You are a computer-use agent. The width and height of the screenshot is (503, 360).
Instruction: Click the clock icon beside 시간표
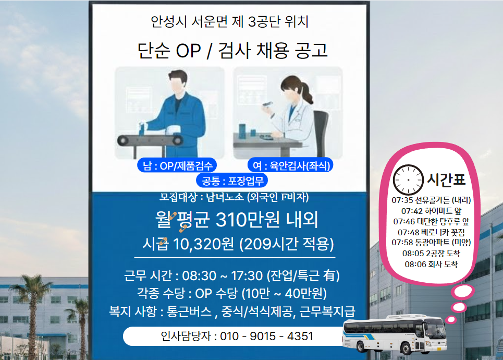pos(409,179)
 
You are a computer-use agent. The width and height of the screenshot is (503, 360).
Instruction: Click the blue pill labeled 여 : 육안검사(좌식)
pos(290,166)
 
